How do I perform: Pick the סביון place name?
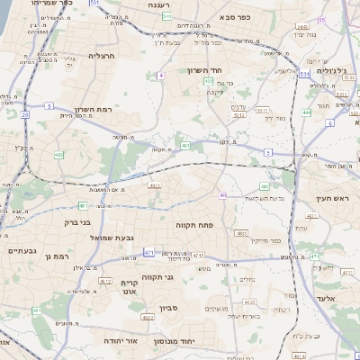[x=171, y=309]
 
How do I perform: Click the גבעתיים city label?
[x=23, y=251]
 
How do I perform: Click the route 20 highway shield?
[x=24, y=115]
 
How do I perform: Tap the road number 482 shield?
[x=59, y=156]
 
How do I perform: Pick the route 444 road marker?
[x=307, y=113]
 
